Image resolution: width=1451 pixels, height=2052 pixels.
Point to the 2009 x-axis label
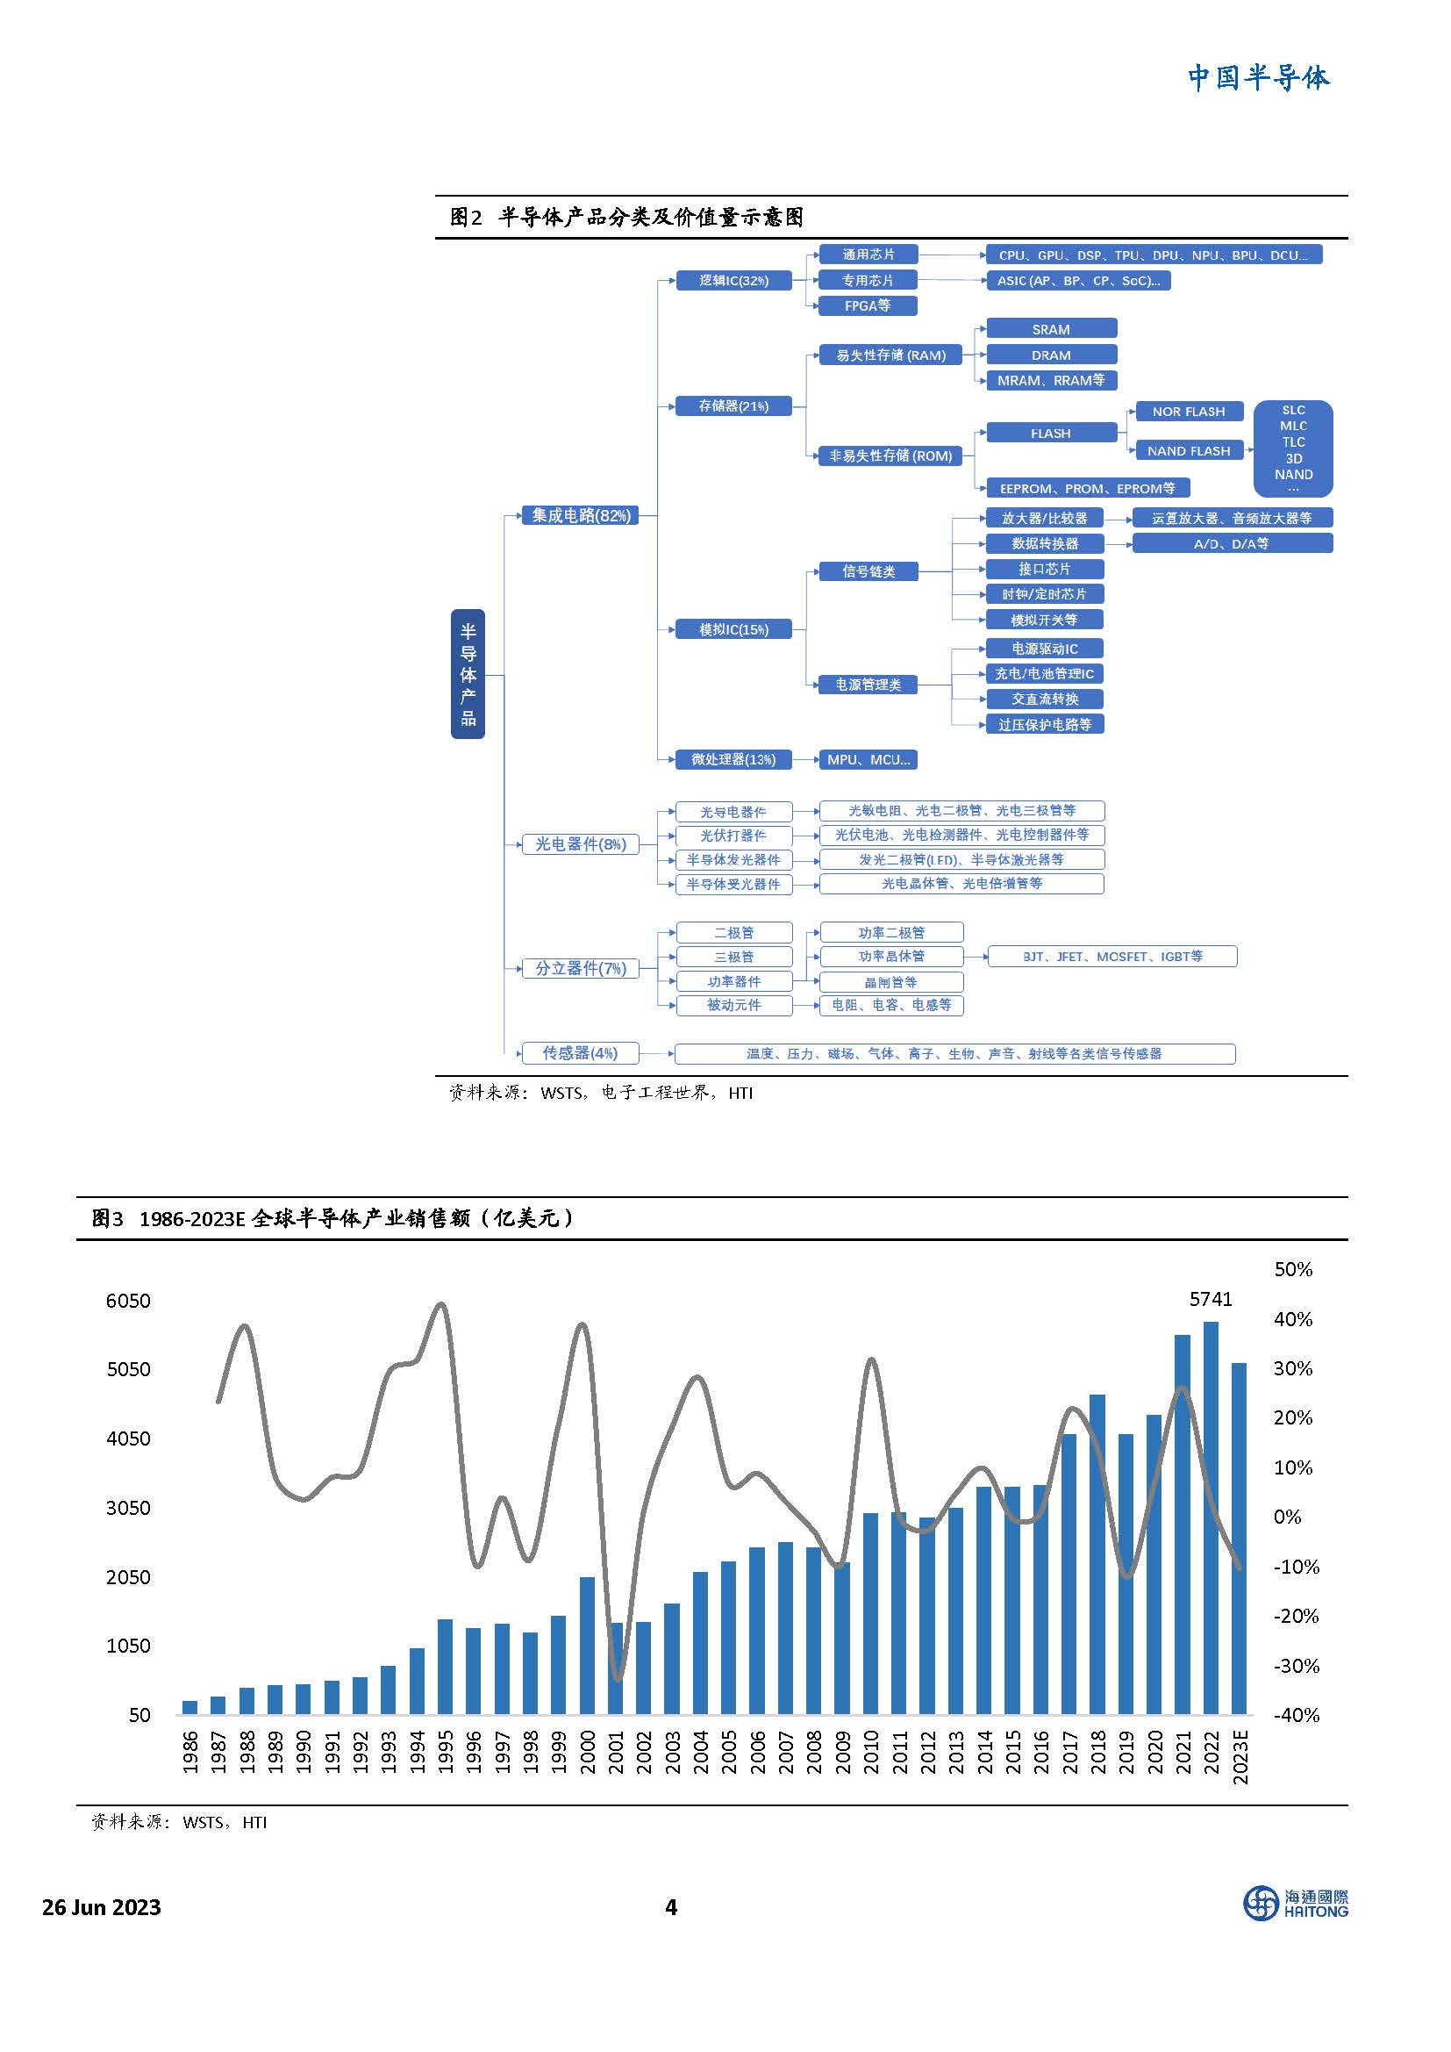click(842, 1752)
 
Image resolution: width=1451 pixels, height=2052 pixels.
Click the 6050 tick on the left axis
click(129, 1301)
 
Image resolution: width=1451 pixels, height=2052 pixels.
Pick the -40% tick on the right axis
click(1296, 1715)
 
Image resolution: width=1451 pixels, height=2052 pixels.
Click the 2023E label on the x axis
click(1240, 1757)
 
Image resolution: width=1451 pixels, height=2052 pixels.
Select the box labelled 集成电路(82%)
click(581, 516)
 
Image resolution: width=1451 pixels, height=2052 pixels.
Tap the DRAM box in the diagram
click(1051, 355)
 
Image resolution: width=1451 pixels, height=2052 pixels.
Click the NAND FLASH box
click(1189, 451)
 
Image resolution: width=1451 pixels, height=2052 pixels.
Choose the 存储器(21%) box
click(733, 406)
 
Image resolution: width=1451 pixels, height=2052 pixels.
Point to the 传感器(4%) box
click(581, 1053)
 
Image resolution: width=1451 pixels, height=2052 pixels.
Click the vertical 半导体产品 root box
click(468, 674)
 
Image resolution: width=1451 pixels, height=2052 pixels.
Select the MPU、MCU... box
click(868, 760)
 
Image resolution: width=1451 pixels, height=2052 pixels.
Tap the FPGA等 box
click(868, 305)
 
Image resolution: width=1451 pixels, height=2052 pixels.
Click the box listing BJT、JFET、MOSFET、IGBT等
click(1112, 957)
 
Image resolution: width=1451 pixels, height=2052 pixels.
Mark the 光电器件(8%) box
click(581, 844)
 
